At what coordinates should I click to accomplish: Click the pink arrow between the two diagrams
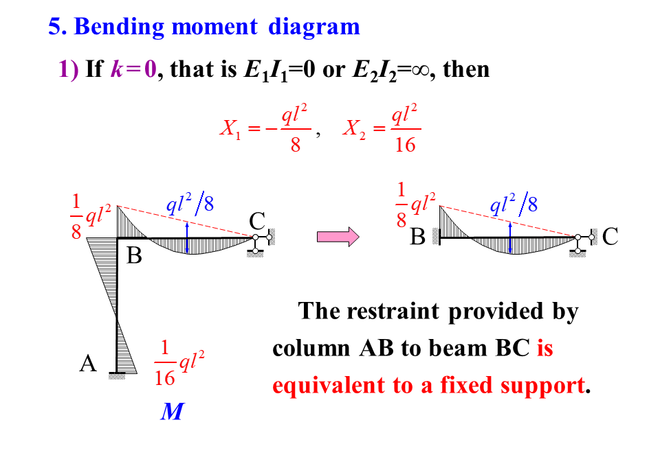[338, 237]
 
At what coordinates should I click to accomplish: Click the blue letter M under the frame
[171, 412]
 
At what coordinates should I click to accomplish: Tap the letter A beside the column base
[87, 363]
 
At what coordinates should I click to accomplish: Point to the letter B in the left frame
[135, 257]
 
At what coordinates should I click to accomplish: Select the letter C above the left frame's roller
[257, 221]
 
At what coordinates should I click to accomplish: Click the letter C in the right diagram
[610, 237]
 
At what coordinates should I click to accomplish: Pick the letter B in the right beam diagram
[417, 237]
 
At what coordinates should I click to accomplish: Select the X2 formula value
[382, 128]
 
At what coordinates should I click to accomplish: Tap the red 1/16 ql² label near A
[179, 362]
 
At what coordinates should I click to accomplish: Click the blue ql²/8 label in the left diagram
[190, 204]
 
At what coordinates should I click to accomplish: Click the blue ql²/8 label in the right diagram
[514, 204]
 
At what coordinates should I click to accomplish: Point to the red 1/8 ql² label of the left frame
[89, 216]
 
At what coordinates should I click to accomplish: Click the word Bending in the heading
[120, 27]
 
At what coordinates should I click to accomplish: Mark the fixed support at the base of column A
[118, 375]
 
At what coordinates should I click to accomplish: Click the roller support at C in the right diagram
[578, 246]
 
